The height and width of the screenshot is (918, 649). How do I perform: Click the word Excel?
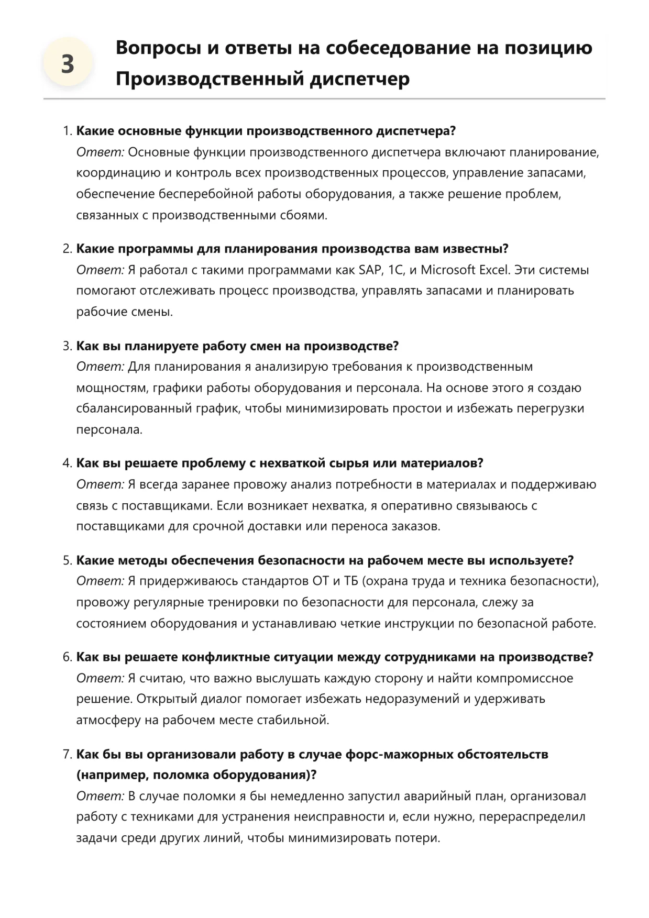click(x=494, y=270)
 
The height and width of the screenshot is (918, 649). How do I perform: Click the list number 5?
click(x=67, y=560)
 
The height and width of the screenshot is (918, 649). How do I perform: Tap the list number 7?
click(x=67, y=754)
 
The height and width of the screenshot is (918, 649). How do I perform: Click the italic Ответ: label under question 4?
click(x=100, y=484)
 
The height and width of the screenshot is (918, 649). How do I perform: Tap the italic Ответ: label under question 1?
click(x=100, y=152)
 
